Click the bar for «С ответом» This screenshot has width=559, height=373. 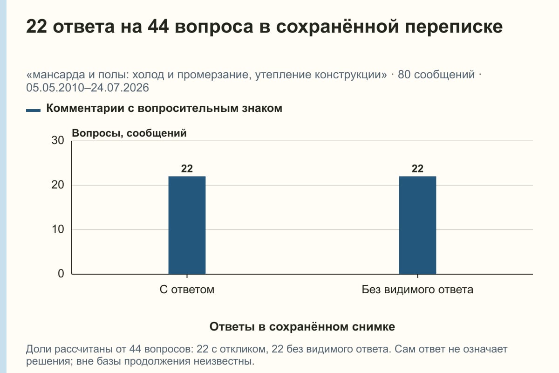[187, 225]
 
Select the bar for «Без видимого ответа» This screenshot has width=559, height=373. [417, 225]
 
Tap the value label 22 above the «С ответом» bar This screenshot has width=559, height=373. [187, 169]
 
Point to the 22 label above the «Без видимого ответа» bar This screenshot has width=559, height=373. [417, 169]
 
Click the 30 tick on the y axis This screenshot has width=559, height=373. [58, 140]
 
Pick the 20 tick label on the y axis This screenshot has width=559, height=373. [58, 185]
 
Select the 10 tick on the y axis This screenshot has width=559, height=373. [58, 229]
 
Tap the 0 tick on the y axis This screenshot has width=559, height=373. [61, 274]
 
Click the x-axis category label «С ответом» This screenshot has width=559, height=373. [187, 290]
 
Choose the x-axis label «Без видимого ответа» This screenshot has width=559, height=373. [417, 290]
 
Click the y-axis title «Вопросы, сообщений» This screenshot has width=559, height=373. [130, 133]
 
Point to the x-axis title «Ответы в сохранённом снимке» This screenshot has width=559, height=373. [302, 326]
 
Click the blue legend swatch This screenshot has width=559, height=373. [33, 111]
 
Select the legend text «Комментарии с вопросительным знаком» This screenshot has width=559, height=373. [164, 109]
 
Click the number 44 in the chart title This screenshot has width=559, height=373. [158, 27]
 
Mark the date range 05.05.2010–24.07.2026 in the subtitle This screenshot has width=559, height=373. [88, 88]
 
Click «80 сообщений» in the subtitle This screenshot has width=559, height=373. [436, 75]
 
